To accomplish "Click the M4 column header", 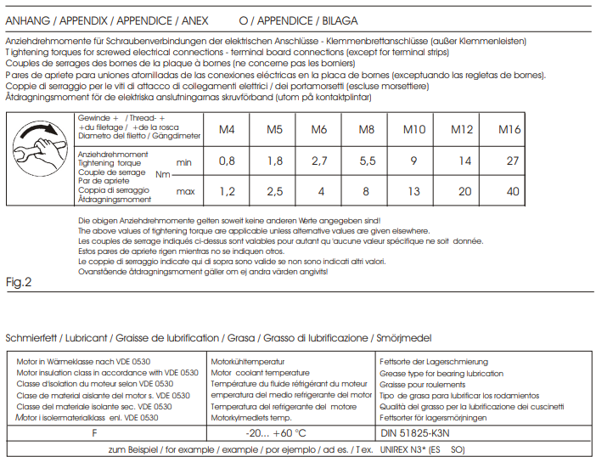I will [x=227, y=130].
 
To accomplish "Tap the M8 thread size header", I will [x=367, y=130].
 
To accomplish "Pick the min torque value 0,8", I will [x=227, y=161].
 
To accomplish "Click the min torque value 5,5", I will [x=368, y=161].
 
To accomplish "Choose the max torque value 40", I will [x=512, y=192].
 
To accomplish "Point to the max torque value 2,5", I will [x=274, y=192].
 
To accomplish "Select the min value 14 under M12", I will [x=464, y=161].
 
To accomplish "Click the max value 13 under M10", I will [x=413, y=192].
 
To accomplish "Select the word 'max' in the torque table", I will [x=185, y=192].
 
